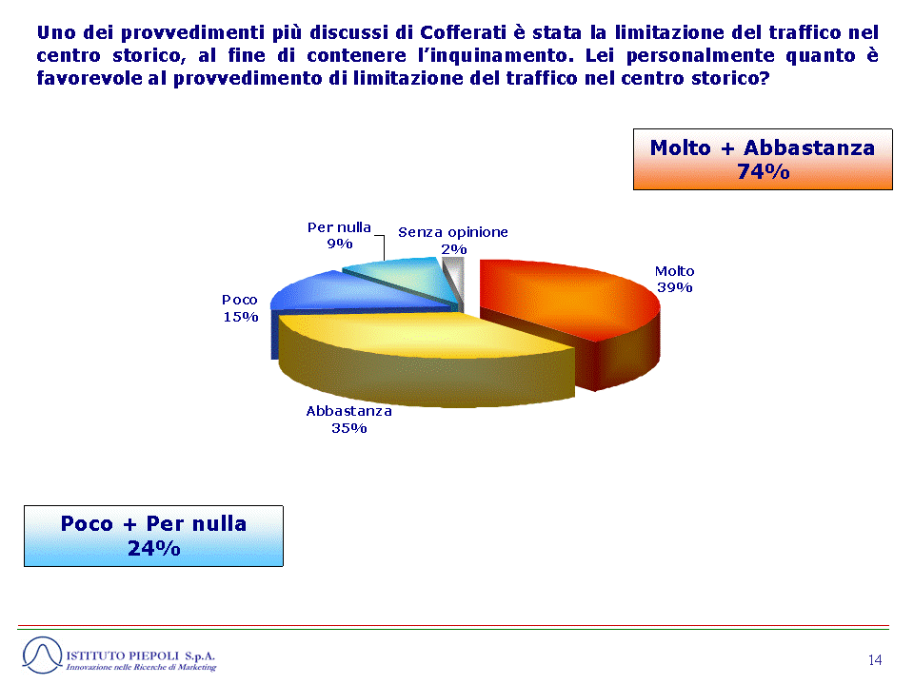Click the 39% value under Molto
[674, 287]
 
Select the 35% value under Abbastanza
[348, 428]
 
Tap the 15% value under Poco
[241, 317]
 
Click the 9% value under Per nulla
[340, 244]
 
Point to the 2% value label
[453, 249]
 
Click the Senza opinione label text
[453, 232]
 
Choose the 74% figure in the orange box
[763, 172]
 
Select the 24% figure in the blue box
[154, 548]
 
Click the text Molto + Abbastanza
[763, 148]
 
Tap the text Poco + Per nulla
[154, 523]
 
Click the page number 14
[875, 660]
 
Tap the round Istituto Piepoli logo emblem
[42, 656]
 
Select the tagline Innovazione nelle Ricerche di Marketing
[141, 668]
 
